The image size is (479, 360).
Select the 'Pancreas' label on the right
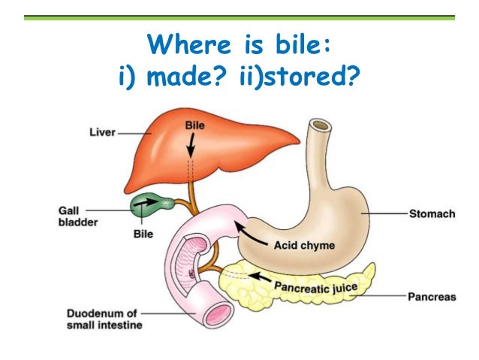coord(431,297)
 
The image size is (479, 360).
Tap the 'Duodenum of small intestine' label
coord(102,319)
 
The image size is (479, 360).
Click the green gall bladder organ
coord(146,202)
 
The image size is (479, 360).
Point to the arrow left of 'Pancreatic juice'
coord(260,276)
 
